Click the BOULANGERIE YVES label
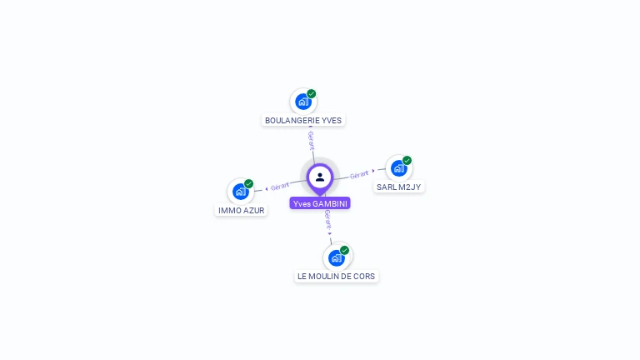click(x=303, y=120)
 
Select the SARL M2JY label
click(x=399, y=187)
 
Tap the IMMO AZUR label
click(x=241, y=210)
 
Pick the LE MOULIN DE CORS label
click(x=337, y=277)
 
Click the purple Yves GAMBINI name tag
click(x=320, y=203)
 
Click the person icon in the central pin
click(x=320, y=177)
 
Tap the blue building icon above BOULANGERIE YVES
click(x=302, y=102)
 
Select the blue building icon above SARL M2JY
click(x=398, y=168)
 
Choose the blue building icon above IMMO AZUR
click(x=240, y=192)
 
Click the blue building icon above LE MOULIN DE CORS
click(x=337, y=258)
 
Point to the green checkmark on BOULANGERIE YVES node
click(x=312, y=94)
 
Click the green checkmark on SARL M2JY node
click(x=407, y=160)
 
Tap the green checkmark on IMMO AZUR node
click(x=248, y=183)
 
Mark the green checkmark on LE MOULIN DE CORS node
click(x=344, y=250)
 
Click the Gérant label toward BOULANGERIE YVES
click(x=312, y=140)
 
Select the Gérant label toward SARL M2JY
click(x=359, y=175)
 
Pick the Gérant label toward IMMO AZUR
click(x=280, y=186)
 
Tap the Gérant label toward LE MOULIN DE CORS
click(x=327, y=220)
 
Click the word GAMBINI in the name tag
click(x=330, y=203)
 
